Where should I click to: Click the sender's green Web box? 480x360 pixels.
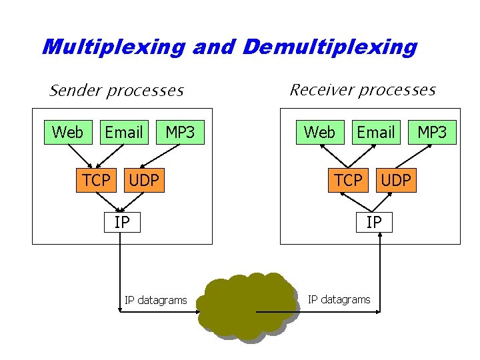67,133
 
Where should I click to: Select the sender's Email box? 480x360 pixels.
123,133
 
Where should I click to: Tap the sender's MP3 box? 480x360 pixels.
180,133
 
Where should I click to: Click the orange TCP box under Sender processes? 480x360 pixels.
97,180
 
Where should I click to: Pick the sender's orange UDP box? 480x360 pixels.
143,180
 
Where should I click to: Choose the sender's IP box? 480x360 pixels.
122,221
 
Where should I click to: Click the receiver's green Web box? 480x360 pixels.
319,133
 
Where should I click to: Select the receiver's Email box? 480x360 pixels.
375,133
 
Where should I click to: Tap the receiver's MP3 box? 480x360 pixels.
432,133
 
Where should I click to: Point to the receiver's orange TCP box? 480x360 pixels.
349,180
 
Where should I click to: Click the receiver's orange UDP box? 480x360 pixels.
396,180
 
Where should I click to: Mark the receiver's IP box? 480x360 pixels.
374,221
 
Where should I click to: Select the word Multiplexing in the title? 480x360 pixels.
113,47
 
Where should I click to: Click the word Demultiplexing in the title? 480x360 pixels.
330,47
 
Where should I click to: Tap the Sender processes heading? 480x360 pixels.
117,90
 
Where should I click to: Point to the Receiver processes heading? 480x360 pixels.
362,90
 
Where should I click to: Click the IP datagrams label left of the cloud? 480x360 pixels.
155,300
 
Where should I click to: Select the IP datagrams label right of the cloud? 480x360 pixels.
339,299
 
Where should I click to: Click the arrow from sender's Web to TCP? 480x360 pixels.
82,155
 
